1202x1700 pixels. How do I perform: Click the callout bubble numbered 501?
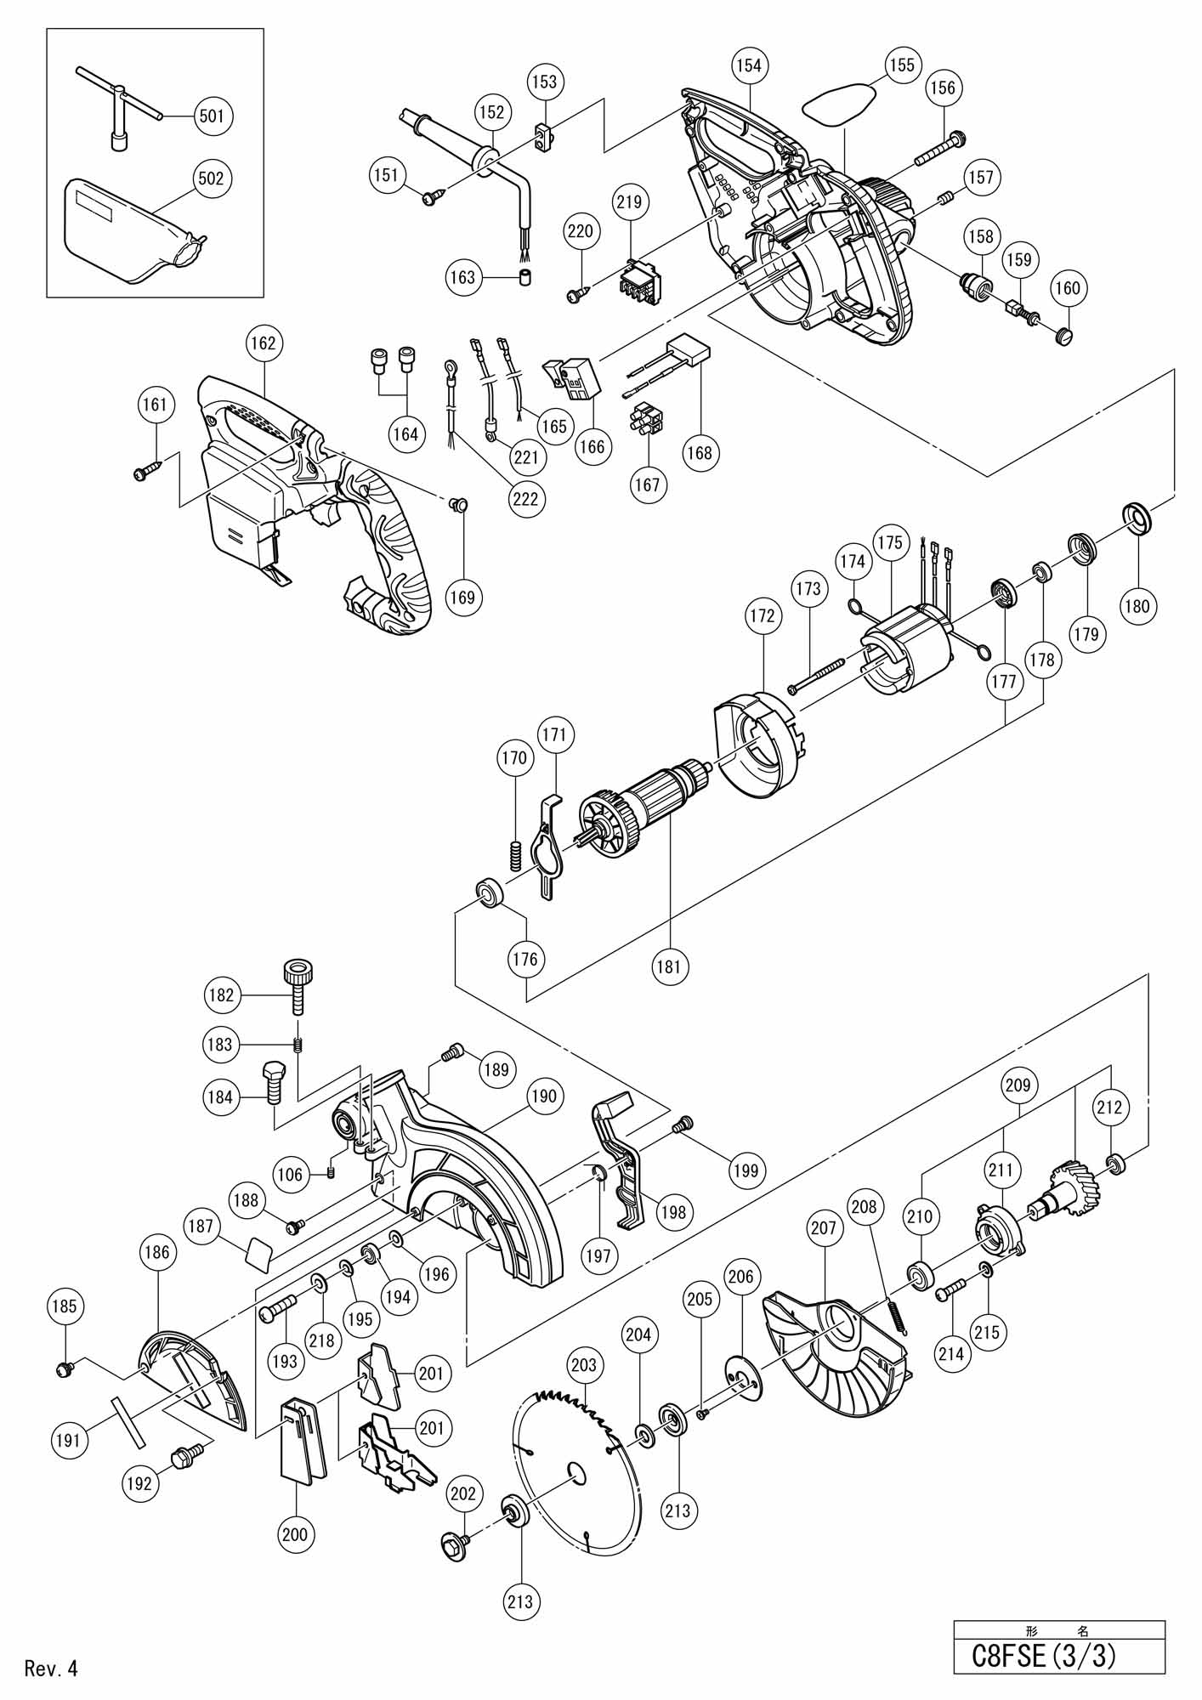[x=212, y=115]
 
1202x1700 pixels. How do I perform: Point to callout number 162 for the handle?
[x=263, y=343]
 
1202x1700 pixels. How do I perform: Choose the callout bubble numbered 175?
[x=890, y=542]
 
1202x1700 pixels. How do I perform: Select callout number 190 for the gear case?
[x=545, y=1096]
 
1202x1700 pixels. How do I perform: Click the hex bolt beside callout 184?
[x=272, y=1080]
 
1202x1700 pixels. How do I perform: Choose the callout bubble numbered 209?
[x=1018, y=1085]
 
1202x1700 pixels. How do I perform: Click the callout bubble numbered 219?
[x=629, y=201]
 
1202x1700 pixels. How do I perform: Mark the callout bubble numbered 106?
[x=290, y=1174]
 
